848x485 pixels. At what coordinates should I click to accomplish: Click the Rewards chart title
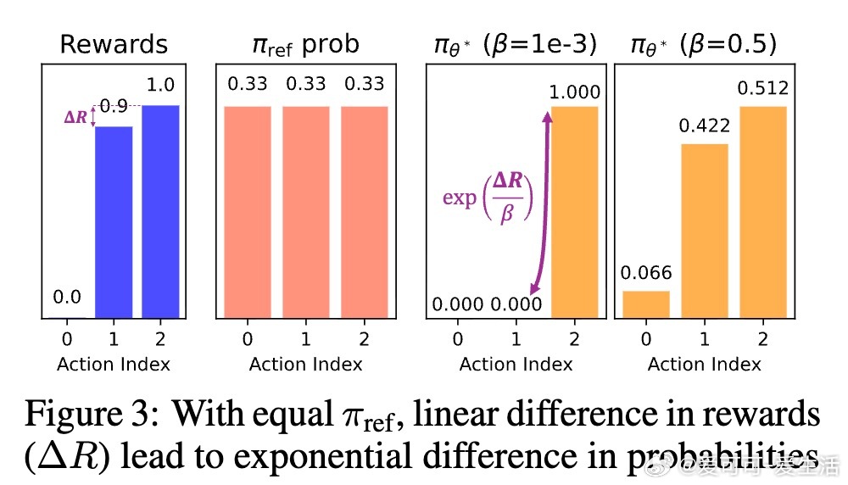(113, 45)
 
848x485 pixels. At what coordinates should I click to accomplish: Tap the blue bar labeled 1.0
(160, 212)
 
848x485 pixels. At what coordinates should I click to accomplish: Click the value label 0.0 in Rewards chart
(67, 298)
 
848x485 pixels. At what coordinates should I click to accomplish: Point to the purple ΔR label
(75, 118)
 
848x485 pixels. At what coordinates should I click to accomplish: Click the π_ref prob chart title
(305, 45)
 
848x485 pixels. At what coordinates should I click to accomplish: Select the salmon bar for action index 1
(305, 212)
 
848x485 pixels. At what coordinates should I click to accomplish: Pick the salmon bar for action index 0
(247, 212)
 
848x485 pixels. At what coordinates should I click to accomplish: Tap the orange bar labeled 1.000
(575, 212)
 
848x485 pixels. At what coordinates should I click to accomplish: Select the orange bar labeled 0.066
(646, 304)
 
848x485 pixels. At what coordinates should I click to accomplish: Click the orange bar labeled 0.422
(704, 231)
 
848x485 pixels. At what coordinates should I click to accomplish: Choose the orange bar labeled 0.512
(763, 212)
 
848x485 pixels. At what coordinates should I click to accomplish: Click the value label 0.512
(763, 89)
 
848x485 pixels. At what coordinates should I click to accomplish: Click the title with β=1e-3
(514, 45)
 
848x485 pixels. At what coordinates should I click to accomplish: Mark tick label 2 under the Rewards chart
(160, 340)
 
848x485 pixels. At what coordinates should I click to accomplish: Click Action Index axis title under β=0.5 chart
(704, 365)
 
